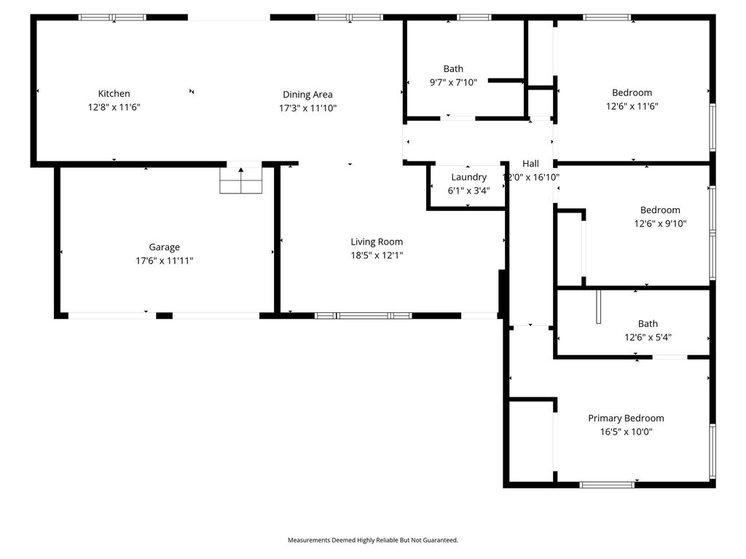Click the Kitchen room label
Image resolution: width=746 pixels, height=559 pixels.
[x=114, y=94]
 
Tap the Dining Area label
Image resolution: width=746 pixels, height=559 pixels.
[x=307, y=95]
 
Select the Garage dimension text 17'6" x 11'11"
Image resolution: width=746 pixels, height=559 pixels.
[x=164, y=261]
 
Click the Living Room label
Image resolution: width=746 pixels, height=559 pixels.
[x=377, y=242]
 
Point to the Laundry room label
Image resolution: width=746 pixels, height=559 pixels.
[x=468, y=178]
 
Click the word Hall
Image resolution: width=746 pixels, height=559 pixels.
[x=530, y=164]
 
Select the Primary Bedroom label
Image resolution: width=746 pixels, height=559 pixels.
[x=626, y=419]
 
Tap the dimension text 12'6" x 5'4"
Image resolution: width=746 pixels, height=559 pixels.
[x=648, y=338]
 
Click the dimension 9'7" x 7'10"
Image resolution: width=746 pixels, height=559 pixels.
[x=453, y=83]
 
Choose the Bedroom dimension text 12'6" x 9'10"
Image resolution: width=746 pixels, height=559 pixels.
[x=660, y=223]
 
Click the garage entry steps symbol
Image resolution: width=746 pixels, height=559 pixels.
[x=240, y=181]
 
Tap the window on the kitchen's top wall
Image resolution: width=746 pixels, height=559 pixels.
[x=113, y=17]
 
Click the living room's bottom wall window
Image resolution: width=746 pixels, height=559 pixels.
[x=363, y=316]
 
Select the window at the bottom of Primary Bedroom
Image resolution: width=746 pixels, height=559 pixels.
[x=607, y=485]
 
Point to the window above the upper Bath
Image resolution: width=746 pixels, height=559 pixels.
[x=474, y=17]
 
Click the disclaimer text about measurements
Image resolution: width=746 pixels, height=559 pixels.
[x=373, y=540]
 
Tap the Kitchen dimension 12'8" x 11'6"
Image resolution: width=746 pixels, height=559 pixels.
[x=114, y=107]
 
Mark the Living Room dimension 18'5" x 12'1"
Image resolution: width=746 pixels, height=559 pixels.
[x=377, y=255]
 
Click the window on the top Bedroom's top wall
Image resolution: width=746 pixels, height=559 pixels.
[x=607, y=17]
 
